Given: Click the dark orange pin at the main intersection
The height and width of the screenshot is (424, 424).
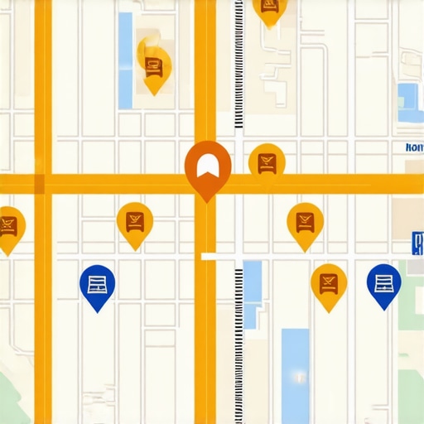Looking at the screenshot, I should [206, 166].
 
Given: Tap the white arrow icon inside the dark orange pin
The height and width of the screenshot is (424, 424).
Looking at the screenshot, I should [206, 161].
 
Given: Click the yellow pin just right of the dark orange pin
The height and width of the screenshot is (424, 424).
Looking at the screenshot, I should [267, 161].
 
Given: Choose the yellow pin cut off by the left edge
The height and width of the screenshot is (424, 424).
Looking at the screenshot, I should [8, 226].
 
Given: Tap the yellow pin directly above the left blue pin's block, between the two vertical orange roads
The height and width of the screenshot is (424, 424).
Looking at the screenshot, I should [134, 221].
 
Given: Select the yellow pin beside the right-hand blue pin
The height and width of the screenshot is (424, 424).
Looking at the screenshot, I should [328, 283].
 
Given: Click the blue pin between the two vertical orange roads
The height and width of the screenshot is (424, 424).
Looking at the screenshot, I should [97, 284].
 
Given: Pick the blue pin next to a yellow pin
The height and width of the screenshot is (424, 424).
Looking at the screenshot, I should [383, 283].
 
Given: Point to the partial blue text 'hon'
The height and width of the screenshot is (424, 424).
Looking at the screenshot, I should [414, 147].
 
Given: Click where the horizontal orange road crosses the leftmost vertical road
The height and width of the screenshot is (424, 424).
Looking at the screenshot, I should [43, 183].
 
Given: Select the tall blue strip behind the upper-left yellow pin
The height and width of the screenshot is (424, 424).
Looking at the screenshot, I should [125, 60].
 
